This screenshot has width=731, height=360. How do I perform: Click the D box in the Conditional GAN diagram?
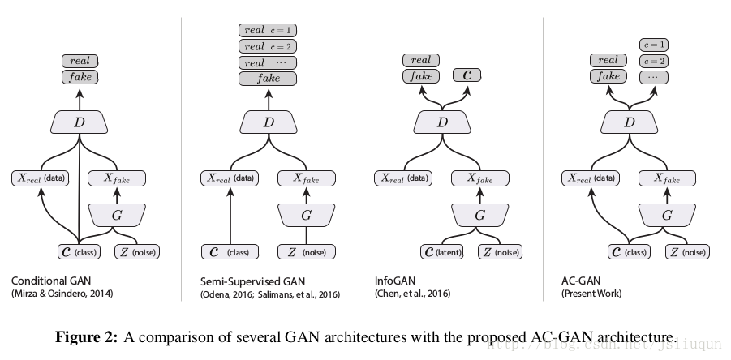tap(79, 122)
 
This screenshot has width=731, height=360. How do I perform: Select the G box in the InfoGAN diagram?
tap(479, 215)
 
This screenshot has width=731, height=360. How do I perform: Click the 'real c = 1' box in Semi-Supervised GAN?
tap(267, 30)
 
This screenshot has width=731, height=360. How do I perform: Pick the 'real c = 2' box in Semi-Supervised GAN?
tap(267, 46)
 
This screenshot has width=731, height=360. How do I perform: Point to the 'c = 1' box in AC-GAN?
tap(654, 45)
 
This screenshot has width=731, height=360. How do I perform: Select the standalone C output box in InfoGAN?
tap(467, 75)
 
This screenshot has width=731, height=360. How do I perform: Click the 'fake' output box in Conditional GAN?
tap(80, 77)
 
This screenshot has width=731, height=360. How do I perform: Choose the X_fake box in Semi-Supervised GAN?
tap(305, 178)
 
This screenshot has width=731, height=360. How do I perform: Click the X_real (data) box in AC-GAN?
tap(591, 178)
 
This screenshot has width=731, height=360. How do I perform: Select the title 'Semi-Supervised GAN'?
tap(241, 281)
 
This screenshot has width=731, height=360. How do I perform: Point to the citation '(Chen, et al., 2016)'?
tap(412, 294)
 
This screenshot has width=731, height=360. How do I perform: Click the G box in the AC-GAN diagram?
tap(667, 215)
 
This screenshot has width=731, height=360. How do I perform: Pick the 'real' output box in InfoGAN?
tap(421, 60)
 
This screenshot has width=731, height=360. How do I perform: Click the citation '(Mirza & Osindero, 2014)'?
tap(62, 294)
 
